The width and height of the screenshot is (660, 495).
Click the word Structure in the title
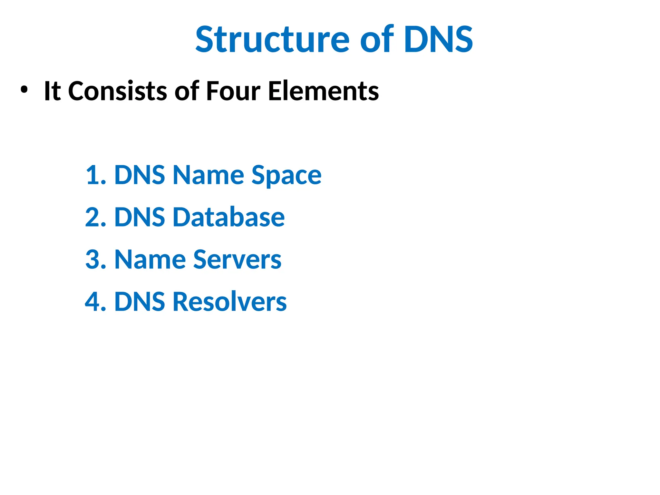[272, 40]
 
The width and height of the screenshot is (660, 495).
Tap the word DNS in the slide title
[438, 40]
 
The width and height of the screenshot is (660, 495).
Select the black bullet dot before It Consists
[24, 90]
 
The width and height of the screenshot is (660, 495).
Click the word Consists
[118, 91]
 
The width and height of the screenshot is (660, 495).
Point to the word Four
[233, 91]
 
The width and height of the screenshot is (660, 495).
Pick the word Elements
[324, 91]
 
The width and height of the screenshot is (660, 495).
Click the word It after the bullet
[52, 91]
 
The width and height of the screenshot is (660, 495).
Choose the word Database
[229, 217]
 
